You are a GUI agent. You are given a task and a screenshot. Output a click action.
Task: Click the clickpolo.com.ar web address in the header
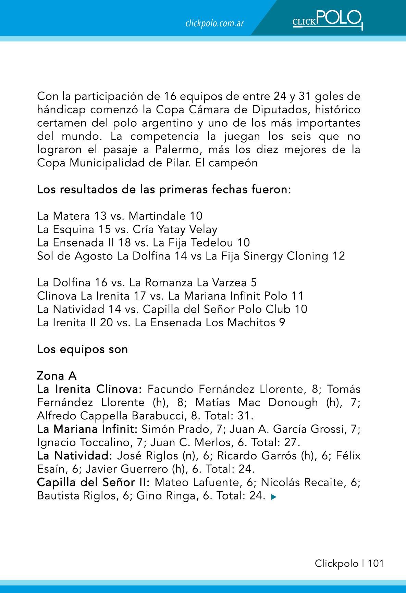214,23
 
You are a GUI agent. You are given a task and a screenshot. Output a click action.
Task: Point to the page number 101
376,563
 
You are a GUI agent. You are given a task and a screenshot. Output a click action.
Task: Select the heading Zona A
57,376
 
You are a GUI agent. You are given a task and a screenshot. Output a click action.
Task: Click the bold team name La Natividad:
75,456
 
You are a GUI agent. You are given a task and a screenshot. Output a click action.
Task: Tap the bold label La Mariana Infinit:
87,429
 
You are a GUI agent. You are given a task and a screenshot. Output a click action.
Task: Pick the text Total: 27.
276,442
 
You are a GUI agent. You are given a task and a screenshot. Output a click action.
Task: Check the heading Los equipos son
82,349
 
